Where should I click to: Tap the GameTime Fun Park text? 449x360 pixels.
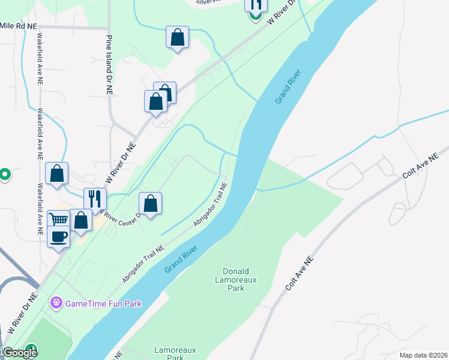tap(103, 304)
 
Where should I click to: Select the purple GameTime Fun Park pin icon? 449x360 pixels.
tap(56, 303)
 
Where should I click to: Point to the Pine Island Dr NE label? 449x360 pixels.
tap(109, 66)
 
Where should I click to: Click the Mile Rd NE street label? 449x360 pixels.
tap(19, 26)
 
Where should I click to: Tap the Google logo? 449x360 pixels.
tap(19, 353)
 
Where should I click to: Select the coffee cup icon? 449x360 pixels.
tap(59, 236)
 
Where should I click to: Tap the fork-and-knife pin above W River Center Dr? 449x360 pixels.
tap(95, 198)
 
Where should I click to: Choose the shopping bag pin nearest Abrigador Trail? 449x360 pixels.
tap(151, 203)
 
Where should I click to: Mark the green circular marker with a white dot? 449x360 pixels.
tap(4, 175)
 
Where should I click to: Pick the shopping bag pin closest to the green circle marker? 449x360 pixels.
tap(56, 174)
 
